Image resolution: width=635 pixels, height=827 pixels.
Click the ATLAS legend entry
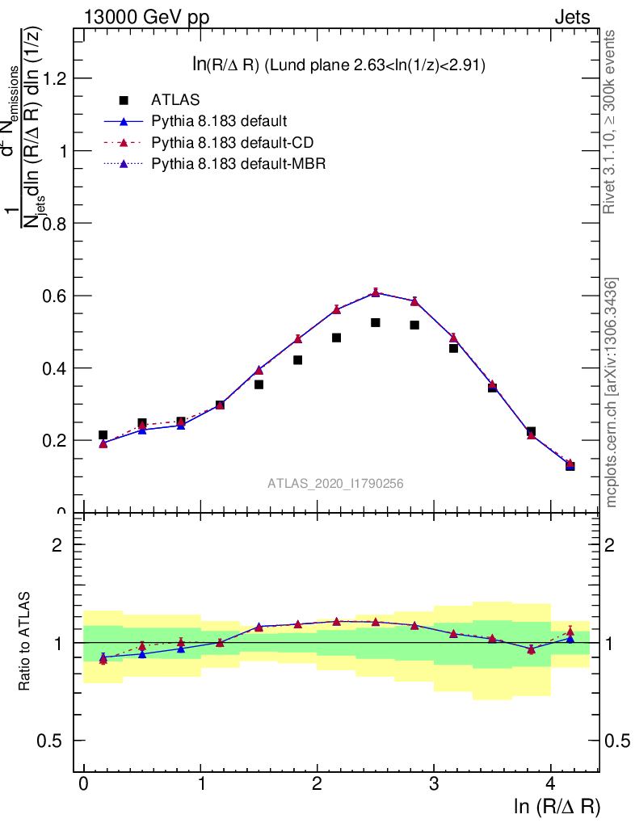pyautogui.click(x=175, y=100)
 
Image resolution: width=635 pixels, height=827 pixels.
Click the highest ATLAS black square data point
pyautogui.click(x=376, y=322)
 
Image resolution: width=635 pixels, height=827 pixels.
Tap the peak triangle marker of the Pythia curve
pyautogui.click(x=376, y=292)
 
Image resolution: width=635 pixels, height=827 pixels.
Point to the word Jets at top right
pyautogui.click(x=572, y=17)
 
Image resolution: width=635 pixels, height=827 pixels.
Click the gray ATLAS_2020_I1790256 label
pyautogui.click(x=336, y=484)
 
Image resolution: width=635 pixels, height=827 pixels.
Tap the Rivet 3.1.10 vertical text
pyautogui.click(x=610, y=121)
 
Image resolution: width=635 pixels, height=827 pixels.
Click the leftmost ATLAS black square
pyautogui.click(x=103, y=435)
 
